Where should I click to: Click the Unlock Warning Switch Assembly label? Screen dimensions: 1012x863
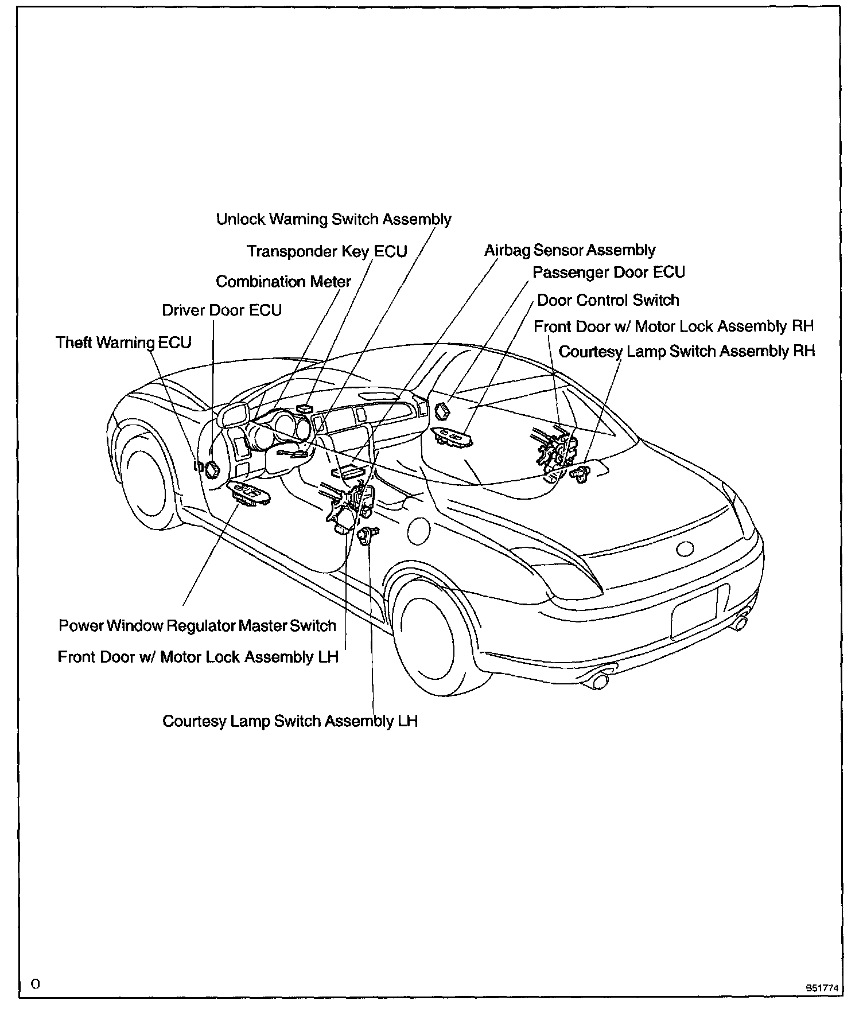coord(333,219)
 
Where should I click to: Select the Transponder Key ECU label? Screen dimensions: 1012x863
coord(326,251)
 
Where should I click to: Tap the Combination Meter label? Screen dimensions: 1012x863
coord(283,282)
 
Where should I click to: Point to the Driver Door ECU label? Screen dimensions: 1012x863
coord(221,310)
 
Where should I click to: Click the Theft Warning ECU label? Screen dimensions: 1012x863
coord(123,342)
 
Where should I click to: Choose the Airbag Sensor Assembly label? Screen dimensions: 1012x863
coord(569,250)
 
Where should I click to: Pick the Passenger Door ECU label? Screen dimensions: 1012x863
coord(608,272)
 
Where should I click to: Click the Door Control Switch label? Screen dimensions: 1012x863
coord(608,300)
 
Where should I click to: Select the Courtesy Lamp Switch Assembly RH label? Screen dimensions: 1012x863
coord(686,351)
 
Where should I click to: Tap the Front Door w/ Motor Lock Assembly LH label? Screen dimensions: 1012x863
coord(198,656)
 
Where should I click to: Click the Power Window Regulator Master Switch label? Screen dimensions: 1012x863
coord(197,625)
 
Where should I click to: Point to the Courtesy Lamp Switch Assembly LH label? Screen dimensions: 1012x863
coord(290,721)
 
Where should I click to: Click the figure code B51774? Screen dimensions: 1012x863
coord(822,988)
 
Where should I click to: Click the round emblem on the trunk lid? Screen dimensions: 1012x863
coord(685,549)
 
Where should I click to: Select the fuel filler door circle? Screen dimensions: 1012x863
coord(419,530)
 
